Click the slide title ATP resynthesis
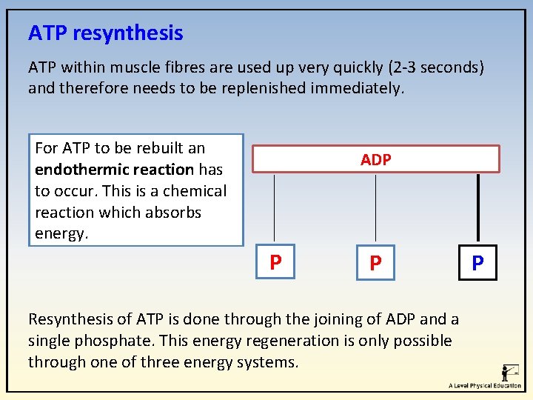[x=105, y=33]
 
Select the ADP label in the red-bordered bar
[x=376, y=159]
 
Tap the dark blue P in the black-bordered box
[x=477, y=263]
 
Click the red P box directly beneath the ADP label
[x=376, y=263]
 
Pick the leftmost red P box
[x=275, y=262]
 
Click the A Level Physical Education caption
[x=484, y=386]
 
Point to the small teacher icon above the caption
[x=509, y=373]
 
